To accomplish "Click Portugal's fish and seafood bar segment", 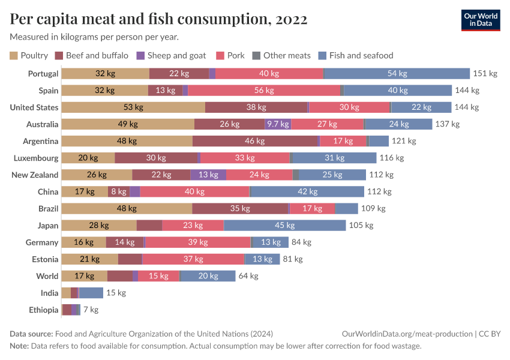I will [397, 74].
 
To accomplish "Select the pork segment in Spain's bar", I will [264, 91].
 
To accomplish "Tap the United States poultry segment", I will [133, 107].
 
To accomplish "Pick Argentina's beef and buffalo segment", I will [255, 141].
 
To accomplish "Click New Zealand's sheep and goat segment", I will [208, 175].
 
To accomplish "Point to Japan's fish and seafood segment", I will [285, 225].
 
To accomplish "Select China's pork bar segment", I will [194, 191].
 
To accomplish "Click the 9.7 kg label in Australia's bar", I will [278, 124].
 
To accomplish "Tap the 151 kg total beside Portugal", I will [485, 74].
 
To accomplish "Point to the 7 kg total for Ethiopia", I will [91, 310].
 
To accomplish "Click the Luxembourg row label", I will [36, 158].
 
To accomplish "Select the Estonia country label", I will [45, 259].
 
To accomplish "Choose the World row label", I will [47, 276].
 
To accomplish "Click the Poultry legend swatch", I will [14, 56].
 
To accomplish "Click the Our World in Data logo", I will [481, 20].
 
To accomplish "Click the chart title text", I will [158, 19].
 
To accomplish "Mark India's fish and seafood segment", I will [91, 293].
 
